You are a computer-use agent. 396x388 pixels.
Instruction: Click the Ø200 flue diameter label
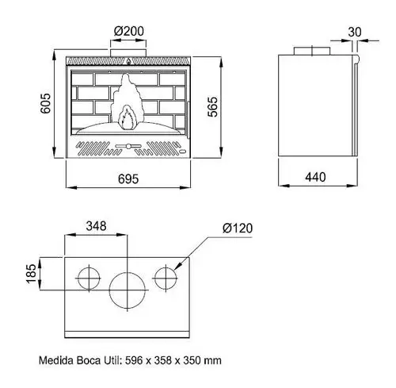129,31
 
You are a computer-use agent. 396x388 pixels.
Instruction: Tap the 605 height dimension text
46,103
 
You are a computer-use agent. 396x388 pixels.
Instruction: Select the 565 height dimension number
212,107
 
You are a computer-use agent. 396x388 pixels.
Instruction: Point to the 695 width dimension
128,179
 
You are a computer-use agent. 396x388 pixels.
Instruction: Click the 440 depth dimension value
315,177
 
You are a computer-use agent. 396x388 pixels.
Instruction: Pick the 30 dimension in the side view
355,32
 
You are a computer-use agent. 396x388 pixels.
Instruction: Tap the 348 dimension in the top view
96,226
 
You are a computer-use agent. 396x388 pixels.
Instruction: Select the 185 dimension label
31,274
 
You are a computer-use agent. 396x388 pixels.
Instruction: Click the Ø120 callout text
238,229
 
